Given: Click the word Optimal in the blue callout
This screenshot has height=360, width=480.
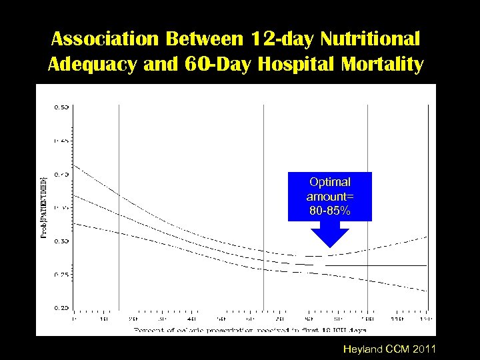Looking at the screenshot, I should pos(329,182).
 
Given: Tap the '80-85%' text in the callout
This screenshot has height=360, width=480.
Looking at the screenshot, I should pos(329,211).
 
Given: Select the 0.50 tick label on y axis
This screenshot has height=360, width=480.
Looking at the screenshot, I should pos(61,107).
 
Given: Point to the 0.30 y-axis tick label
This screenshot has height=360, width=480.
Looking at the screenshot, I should pos(61,241).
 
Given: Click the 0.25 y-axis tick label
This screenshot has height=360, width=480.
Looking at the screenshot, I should pos(61,274).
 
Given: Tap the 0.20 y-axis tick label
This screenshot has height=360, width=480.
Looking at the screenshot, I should pos(61,307).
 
